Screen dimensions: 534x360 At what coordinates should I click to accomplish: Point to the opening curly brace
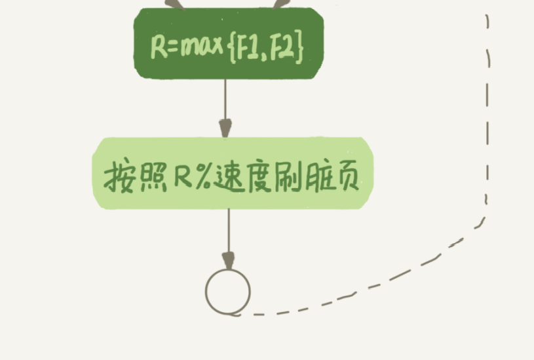(x=235, y=48)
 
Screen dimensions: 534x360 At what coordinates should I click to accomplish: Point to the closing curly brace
(x=299, y=48)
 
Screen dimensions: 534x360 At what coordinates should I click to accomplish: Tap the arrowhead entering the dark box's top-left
(x=174, y=5)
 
